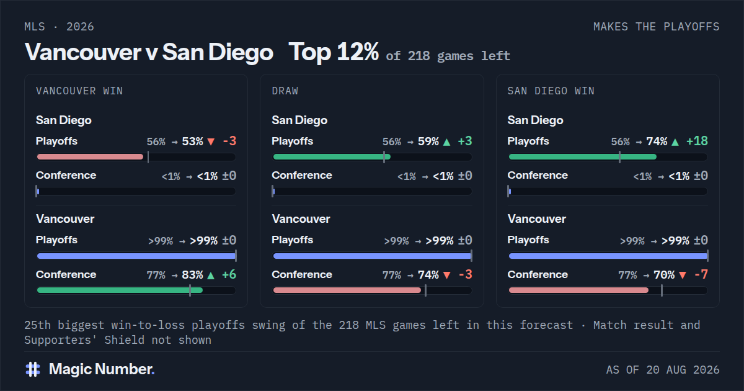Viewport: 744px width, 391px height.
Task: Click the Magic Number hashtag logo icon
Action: coord(33,369)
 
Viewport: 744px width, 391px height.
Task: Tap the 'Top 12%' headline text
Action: coord(334,52)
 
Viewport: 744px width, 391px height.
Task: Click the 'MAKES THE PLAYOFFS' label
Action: coord(657,27)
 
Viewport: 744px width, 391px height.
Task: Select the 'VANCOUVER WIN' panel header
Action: coord(79,91)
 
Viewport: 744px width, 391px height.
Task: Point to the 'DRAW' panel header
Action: coord(285,91)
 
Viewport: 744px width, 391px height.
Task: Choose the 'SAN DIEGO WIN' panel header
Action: coord(551,91)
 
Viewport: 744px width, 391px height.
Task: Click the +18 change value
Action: coord(697,141)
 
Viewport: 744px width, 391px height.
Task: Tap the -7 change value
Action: coord(701,274)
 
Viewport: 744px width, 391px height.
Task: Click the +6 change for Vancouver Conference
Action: coord(229,274)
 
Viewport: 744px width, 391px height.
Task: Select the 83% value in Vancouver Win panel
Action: coord(192,274)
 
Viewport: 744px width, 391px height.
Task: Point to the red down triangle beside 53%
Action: coord(211,142)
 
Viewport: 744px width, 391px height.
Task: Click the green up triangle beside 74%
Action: coord(675,142)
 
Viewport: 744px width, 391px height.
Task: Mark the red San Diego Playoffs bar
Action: coord(90,156)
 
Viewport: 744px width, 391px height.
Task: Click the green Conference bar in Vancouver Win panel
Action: coord(120,290)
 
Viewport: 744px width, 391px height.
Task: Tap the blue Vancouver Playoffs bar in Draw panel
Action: coord(372,256)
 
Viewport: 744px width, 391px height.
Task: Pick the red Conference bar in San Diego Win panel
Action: coord(578,290)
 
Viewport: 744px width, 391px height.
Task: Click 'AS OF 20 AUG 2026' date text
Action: coord(663,370)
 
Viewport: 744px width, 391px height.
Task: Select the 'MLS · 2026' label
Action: coord(59,27)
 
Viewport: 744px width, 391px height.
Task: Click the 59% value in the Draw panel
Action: coord(428,142)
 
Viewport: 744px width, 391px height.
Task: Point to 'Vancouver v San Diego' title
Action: coord(149,53)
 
